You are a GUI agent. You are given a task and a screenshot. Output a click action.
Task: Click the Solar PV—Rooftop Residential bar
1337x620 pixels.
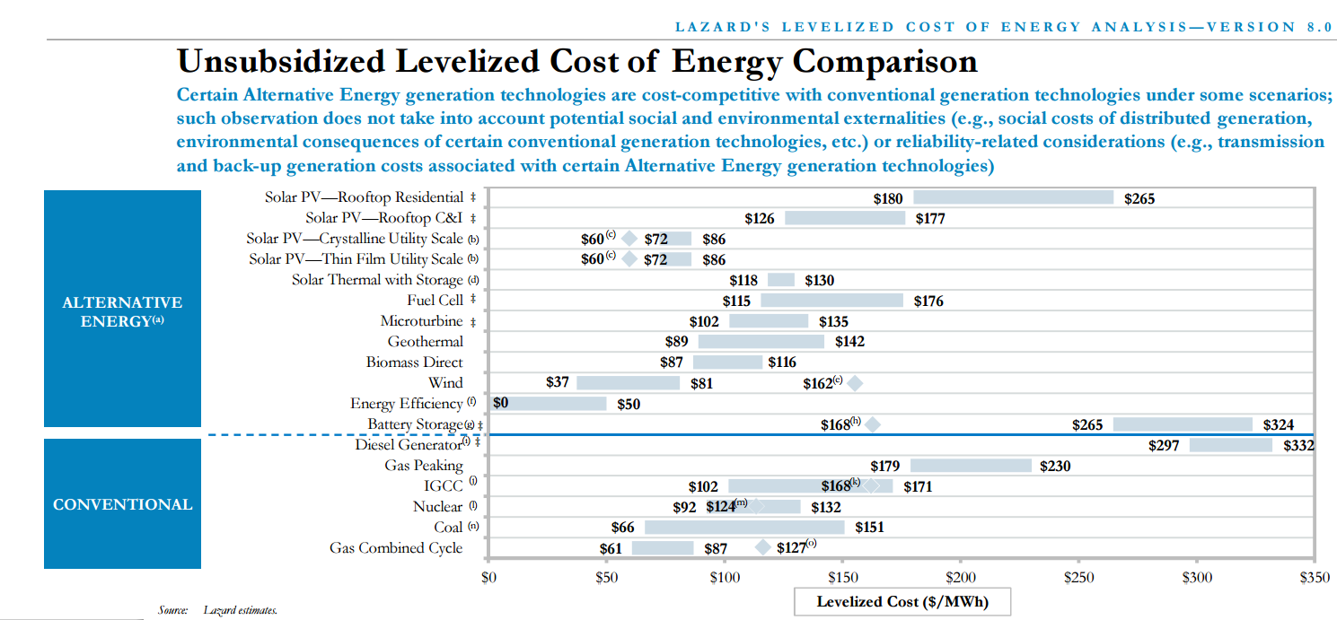pos(1013,197)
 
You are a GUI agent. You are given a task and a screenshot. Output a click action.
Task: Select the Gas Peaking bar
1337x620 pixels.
pos(971,466)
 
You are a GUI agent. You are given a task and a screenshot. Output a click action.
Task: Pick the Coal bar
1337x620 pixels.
pos(744,528)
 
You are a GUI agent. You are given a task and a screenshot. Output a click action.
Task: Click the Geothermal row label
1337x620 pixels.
pos(426,342)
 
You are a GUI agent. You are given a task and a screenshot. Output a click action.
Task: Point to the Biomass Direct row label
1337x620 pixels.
pos(414,362)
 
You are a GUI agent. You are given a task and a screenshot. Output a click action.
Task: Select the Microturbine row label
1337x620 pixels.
pos(421,321)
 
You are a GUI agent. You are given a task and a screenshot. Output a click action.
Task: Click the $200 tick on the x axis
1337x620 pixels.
pos(961,578)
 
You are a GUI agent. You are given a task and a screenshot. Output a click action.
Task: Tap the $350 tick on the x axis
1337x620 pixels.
pos(1315,578)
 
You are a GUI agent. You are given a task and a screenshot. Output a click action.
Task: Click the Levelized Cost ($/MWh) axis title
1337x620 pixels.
pos(902,602)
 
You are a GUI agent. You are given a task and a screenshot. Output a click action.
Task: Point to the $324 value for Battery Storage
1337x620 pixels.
pos(1279,425)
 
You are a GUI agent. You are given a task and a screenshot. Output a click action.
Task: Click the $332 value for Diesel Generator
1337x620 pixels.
pos(1298,446)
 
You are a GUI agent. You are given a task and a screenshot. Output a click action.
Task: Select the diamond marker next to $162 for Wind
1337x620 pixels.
pos(854,383)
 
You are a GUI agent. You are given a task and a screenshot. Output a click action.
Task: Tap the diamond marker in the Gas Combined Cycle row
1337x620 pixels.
pos(762,547)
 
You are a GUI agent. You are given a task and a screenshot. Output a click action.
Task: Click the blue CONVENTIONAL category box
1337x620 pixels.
pos(122,504)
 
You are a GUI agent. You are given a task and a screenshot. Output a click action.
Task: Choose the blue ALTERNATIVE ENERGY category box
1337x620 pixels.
pos(122,310)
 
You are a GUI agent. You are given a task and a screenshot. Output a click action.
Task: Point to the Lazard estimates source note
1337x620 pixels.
pos(240,611)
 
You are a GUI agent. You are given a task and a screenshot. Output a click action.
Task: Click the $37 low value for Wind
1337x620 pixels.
pos(558,382)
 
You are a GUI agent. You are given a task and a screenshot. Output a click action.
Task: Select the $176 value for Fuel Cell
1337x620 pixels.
pos(928,301)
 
